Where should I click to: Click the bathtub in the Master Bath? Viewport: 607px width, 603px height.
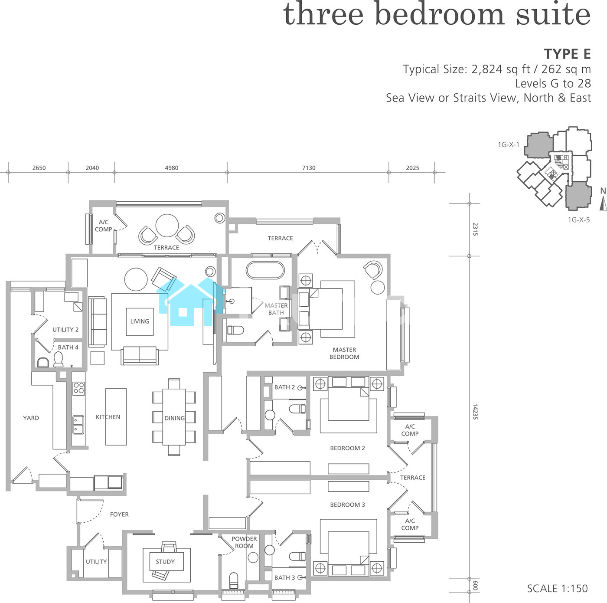265,270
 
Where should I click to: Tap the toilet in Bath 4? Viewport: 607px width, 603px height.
58,360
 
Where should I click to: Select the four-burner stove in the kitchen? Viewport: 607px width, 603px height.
78,389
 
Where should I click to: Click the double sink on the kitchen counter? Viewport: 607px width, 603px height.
78,425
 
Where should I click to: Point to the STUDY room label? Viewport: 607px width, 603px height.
165,562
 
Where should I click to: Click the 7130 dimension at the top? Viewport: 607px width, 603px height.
309,168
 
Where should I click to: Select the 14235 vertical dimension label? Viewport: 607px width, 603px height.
475,411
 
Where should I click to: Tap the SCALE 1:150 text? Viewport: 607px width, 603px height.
557,589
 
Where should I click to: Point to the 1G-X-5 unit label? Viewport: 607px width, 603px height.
579,220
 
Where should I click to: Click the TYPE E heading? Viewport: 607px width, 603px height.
567,54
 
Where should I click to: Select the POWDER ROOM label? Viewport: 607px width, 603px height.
244,542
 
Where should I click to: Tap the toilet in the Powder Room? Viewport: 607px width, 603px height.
233,580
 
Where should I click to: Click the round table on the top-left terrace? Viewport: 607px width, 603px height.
167,226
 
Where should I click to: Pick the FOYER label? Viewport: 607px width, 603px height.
119,515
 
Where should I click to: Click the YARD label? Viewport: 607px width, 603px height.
31,418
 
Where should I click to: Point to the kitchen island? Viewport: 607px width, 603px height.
116,417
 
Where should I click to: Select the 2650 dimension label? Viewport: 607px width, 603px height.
39,168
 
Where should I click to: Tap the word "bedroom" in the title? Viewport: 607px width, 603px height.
440,14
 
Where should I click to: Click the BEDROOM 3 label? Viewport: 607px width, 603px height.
347,505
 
